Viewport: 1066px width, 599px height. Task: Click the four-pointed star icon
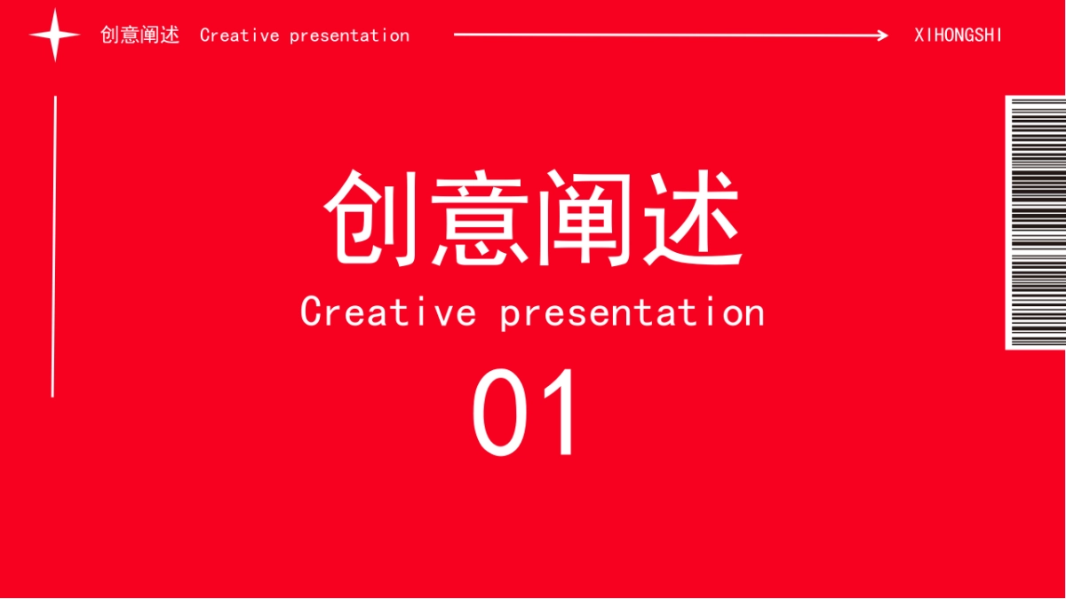[55, 35]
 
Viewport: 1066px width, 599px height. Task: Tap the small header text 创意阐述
[139, 35]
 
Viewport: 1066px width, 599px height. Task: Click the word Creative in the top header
[239, 35]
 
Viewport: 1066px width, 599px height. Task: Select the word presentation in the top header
[349, 36]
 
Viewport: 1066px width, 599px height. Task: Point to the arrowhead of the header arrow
[882, 35]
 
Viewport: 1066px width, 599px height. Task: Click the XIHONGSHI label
[958, 35]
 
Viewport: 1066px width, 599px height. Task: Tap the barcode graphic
[1036, 222]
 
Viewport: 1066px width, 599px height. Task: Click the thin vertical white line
[54, 246]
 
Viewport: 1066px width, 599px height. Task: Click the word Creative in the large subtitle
[387, 312]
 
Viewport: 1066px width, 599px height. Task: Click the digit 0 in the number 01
[501, 413]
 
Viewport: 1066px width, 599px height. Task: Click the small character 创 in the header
[110, 35]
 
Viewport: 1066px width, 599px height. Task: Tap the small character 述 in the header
[170, 35]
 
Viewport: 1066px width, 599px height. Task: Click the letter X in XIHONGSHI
[919, 35]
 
